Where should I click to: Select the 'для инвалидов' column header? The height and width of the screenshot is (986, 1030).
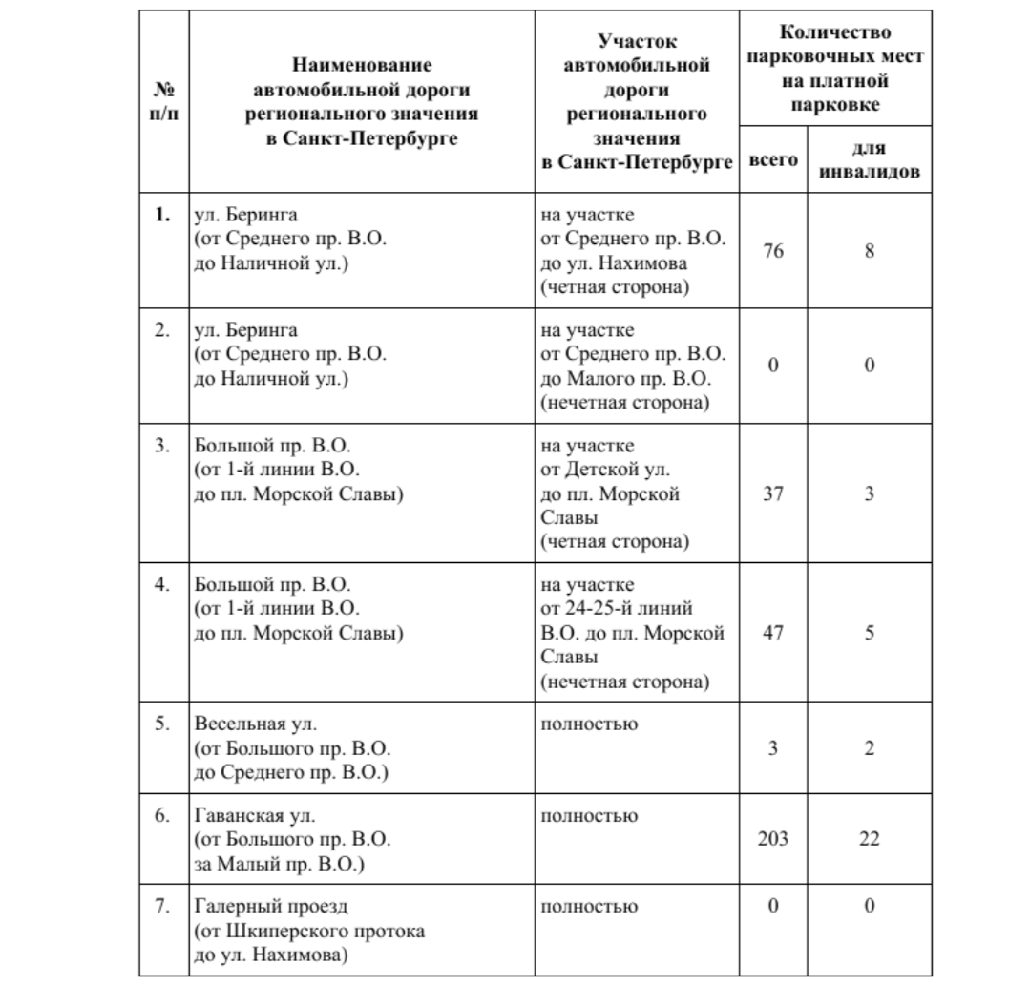tap(870, 160)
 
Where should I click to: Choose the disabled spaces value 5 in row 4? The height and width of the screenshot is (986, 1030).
tap(870, 631)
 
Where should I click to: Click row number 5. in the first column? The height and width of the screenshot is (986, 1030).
tap(163, 724)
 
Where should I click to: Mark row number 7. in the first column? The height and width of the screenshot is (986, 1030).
tap(163, 905)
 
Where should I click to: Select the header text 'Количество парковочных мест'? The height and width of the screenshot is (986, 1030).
tap(836, 43)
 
